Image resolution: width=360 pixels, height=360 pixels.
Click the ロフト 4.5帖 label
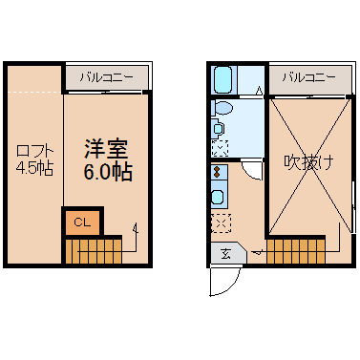pyautogui.click(x=34, y=159)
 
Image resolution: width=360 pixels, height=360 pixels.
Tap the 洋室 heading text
pyautogui.click(x=106, y=149)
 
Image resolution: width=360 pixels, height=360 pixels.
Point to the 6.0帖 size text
pyautogui.click(x=108, y=172)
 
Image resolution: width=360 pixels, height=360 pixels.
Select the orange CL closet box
pyautogui.click(x=83, y=222)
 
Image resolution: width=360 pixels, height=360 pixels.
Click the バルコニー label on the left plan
pyautogui.click(x=107, y=77)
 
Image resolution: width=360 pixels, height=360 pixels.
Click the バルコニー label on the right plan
pyautogui.click(x=308, y=77)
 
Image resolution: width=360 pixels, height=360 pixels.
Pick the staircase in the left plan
pyautogui.click(x=94, y=251)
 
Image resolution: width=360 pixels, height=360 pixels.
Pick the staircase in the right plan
pyautogui.click(x=296, y=251)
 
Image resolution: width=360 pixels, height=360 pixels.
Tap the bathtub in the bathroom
pyautogui.click(x=222, y=79)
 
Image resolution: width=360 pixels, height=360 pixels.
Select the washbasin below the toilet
pyautogui.click(x=218, y=129)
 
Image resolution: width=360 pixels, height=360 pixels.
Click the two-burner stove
pyautogui.click(x=219, y=172)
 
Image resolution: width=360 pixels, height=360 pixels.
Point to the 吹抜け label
pyautogui.click(x=309, y=162)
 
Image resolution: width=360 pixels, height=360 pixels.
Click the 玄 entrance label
pyautogui.click(x=225, y=254)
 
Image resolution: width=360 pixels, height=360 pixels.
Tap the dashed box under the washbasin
pyautogui.click(x=220, y=148)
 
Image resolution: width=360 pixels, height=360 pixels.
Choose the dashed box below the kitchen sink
pyautogui.click(x=221, y=222)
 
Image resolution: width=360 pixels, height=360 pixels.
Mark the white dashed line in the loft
pyautogui.click(x=34, y=93)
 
